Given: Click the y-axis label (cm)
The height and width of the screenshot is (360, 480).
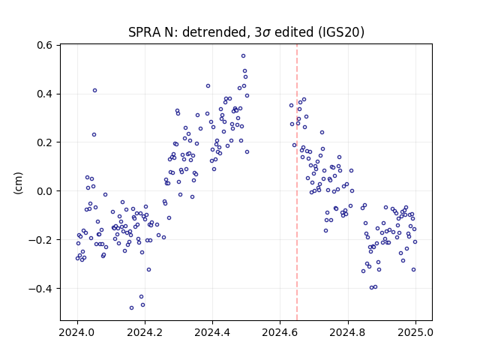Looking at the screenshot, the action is pos(18,183).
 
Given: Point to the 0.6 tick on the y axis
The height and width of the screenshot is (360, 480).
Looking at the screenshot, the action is pos(44,45).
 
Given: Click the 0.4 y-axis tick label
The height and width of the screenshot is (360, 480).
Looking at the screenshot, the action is pos(44,94).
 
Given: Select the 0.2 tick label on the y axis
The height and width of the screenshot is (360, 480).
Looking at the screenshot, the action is pos(44,142).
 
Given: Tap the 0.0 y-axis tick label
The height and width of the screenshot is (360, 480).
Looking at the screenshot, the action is pos(44,191).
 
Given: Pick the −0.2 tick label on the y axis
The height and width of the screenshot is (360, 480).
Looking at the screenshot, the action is pos(40,240).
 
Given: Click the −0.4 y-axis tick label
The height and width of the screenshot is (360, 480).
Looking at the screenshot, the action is pos(40,289).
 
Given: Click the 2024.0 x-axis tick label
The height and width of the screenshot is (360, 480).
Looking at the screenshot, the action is pos(77,332).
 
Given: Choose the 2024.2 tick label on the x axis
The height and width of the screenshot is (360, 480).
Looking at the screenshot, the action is pos(145,332).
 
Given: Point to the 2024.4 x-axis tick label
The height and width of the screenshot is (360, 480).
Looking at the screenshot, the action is pos(212,332).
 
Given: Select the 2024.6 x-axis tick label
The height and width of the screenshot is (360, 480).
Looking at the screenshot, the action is pos(280,332).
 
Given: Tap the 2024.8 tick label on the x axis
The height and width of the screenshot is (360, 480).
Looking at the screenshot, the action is pos(348,332).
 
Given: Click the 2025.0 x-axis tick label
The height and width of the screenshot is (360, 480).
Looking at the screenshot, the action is pos(415,332).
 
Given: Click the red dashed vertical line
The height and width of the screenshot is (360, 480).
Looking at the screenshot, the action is pos(297,182).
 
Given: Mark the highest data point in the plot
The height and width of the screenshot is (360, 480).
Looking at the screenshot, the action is pos(243,56).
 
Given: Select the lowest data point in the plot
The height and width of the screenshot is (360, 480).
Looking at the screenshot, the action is pos(132,308).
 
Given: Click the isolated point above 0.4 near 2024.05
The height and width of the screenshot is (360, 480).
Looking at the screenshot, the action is pos(95,90).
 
